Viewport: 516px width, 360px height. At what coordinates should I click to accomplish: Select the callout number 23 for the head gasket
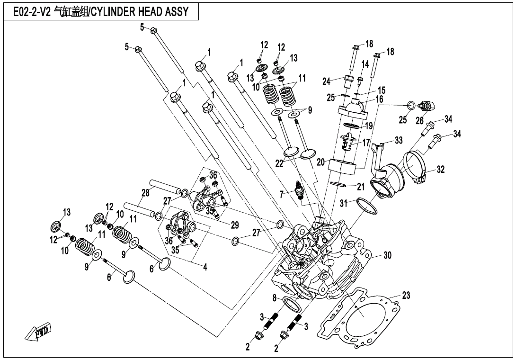(x=406, y=296)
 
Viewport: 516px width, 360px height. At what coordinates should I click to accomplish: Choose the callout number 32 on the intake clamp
(x=440, y=169)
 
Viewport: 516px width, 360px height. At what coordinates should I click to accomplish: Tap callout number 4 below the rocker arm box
(x=205, y=267)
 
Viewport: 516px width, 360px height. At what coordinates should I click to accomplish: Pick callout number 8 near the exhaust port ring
(x=274, y=298)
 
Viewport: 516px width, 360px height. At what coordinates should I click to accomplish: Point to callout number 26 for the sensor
(x=419, y=120)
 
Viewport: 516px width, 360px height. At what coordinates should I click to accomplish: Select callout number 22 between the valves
(x=280, y=163)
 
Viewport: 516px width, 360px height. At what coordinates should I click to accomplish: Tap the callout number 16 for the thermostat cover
(x=379, y=99)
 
